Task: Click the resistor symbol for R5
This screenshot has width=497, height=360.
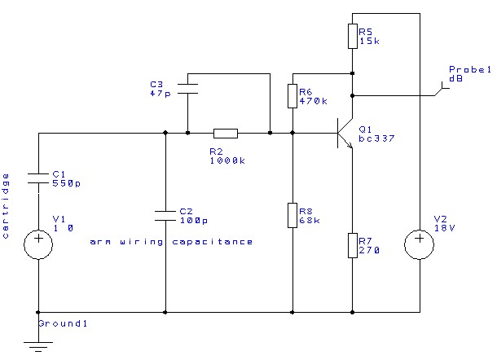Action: pos(352,36)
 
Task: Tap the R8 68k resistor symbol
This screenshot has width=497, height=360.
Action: pos(292,216)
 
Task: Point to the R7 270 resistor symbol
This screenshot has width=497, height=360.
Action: pos(352,245)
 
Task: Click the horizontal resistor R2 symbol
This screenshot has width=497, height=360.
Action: pos(226,133)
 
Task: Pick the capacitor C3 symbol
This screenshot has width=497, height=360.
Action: pos(188,87)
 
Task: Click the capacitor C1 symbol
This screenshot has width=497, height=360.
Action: pos(39,178)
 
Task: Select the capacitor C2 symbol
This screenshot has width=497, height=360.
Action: pos(165,215)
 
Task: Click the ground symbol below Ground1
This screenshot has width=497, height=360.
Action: pos(39,345)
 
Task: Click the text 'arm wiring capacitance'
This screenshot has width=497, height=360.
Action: pos(171,242)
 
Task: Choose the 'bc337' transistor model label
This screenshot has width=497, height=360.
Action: pos(376,138)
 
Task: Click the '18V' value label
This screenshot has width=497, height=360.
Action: pos(442,229)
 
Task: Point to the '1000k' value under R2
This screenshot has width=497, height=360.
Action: pos(226,160)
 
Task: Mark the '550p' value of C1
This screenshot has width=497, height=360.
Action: pos(67,183)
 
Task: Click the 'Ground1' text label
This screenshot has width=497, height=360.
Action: pos(64,323)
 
